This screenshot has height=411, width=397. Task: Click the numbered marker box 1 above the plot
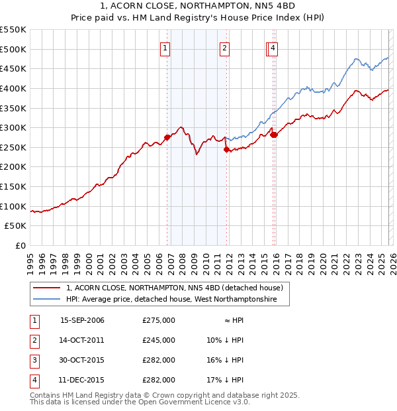pyautogui.click(x=165, y=47)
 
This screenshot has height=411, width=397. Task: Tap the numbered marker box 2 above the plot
pyautogui.click(x=225, y=47)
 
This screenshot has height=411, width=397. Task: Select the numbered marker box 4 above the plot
pyautogui.click(x=273, y=47)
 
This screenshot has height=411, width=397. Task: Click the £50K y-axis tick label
pyautogui.click(x=16, y=226)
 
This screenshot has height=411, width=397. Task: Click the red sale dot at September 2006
pyautogui.click(x=167, y=137)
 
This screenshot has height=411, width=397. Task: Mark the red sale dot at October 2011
pyautogui.click(x=226, y=149)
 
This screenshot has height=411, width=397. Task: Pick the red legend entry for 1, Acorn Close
pyautogui.click(x=175, y=288)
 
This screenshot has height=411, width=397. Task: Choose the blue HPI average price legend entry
pyautogui.click(x=177, y=300)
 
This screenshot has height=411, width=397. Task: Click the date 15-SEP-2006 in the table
pyautogui.click(x=82, y=320)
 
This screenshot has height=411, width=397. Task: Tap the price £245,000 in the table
pyautogui.click(x=158, y=340)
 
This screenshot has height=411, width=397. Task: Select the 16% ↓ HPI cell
pyautogui.click(x=225, y=360)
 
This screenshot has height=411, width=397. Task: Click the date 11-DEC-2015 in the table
pyautogui.click(x=82, y=380)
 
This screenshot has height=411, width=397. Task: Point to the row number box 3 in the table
pyautogui.click(x=34, y=360)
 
